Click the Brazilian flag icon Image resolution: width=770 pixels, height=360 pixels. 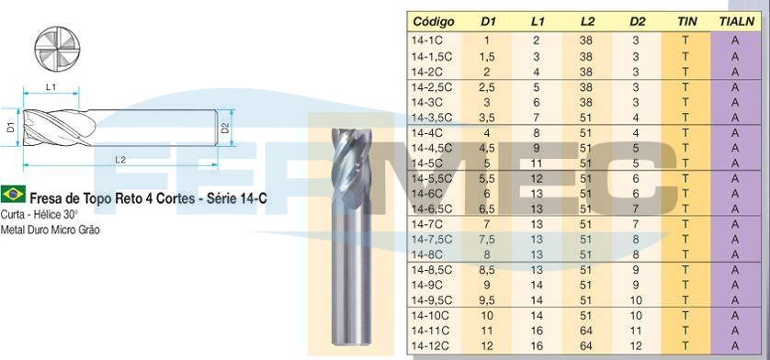[x=13, y=194]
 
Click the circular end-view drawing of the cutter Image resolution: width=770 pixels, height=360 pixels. [x=57, y=49]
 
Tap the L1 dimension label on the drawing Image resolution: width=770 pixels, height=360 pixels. [x=51, y=86]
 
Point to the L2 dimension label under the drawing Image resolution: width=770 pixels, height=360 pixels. [x=120, y=160]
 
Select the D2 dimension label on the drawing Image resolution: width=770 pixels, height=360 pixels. [x=225, y=128]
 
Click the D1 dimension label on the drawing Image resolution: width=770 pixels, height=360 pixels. [x=10, y=128]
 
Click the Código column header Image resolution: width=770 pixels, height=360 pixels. [x=434, y=22]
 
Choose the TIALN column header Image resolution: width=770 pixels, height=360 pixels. [x=736, y=22]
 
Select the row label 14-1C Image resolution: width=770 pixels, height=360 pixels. [x=427, y=40]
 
